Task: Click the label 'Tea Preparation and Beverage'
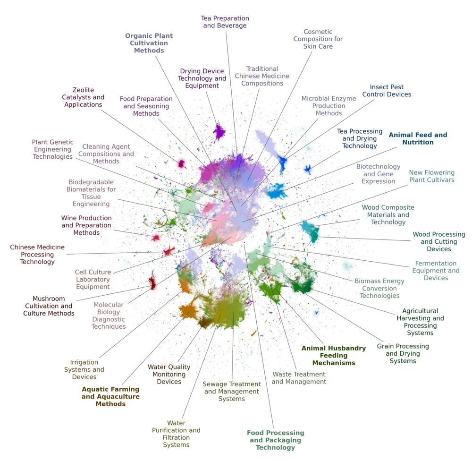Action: pyautogui.click(x=225, y=22)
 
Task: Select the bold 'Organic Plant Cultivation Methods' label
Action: pyautogui.click(x=149, y=43)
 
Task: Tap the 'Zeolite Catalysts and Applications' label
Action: pyautogui.click(x=83, y=97)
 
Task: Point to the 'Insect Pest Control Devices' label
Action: pyautogui.click(x=387, y=91)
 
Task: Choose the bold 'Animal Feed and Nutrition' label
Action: pyautogui.click(x=418, y=138)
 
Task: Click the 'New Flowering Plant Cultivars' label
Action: pyautogui.click(x=432, y=176)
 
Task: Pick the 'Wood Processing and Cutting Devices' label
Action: pyautogui.click(x=439, y=242)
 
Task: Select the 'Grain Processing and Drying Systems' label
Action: pyautogui.click(x=403, y=353)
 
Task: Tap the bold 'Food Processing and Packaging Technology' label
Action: pyautogui.click(x=276, y=440)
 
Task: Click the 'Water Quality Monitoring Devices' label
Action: pyautogui.click(x=169, y=374)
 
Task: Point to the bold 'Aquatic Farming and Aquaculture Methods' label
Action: pyautogui.click(x=110, y=396)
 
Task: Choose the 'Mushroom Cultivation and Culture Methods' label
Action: pyautogui.click(x=49, y=306)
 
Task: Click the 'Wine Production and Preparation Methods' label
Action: pyautogui.click(x=86, y=225)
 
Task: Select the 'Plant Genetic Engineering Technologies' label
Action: pyautogui.click(x=53, y=149)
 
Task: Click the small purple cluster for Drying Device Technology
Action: pyautogui.click(x=219, y=132)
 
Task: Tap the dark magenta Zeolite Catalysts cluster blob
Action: pyautogui.click(x=181, y=164)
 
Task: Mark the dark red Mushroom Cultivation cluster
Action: pyautogui.click(x=152, y=282)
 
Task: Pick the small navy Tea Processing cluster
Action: pyautogui.click(x=307, y=170)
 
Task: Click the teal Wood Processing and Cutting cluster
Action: pyautogui.click(x=311, y=230)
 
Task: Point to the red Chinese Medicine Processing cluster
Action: pyautogui.click(x=169, y=251)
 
